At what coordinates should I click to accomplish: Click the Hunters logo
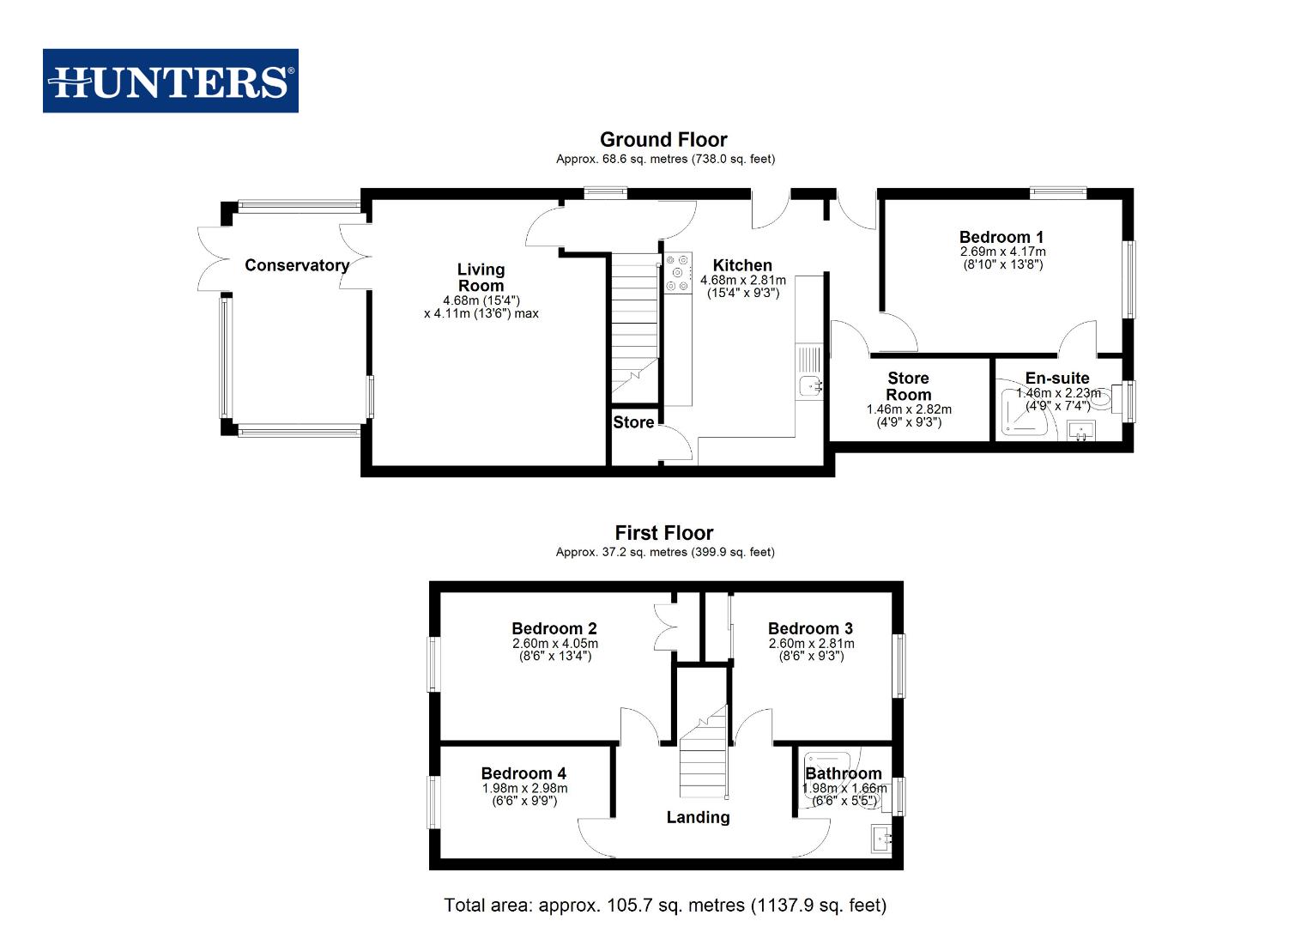click(171, 81)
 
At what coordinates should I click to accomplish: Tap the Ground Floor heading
click(663, 140)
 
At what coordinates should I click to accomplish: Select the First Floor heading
click(663, 533)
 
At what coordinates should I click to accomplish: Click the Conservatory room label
click(296, 265)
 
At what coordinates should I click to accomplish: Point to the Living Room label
click(481, 278)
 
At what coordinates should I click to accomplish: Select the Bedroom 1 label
click(1001, 237)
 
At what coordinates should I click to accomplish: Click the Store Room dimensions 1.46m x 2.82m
click(909, 410)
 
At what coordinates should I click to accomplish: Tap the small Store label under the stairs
click(633, 422)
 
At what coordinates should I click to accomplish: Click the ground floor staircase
click(634, 326)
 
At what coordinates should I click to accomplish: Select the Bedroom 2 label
click(554, 628)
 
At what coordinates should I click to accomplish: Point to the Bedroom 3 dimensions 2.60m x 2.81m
click(811, 644)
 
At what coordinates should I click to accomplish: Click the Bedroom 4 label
click(523, 773)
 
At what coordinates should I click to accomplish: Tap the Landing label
click(698, 817)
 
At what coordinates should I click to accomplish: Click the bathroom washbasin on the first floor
click(881, 838)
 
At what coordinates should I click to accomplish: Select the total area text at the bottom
click(665, 905)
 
